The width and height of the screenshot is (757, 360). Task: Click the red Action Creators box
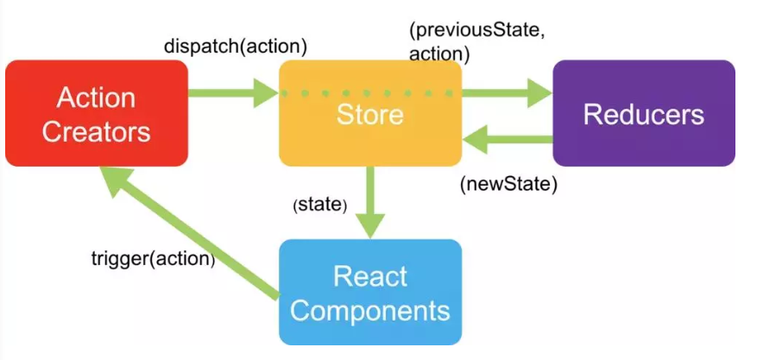click(x=96, y=113)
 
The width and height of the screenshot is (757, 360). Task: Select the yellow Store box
click(x=369, y=113)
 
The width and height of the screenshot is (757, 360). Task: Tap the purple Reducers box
click(x=643, y=113)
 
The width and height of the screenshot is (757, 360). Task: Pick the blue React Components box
click(x=369, y=292)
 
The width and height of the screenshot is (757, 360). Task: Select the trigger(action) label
click(x=153, y=257)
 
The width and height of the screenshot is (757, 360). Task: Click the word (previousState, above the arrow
click(x=476, y=31)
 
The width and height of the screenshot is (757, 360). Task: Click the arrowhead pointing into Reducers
click(x=540, y=92)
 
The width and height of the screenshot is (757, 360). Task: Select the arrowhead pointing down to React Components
click(x=369, y=225)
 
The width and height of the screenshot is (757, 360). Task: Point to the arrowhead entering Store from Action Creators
click(x=265, y=92)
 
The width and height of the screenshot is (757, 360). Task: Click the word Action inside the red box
click(x=96, y=98)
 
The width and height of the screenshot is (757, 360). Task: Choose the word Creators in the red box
click(x=96, y=131)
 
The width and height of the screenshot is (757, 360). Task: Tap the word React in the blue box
click(x=369, y=276)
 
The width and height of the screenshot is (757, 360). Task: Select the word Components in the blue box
click(x=369, y=310)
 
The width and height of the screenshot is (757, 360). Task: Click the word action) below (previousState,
click(x=439, y=54)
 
